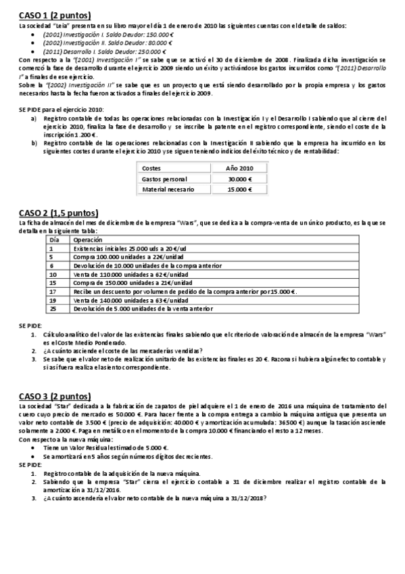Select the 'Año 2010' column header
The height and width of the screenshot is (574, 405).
coord(239,167)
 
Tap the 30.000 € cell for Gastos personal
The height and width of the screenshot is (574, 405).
coord(239,178)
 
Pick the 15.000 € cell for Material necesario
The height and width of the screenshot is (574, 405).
coord(239,190)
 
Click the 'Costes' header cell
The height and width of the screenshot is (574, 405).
coord(152,167)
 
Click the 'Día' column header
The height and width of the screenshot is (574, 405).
coord(54,240)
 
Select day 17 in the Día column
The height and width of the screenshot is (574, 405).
coord(53,291)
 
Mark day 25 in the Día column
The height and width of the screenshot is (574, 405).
coord(53,308)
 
